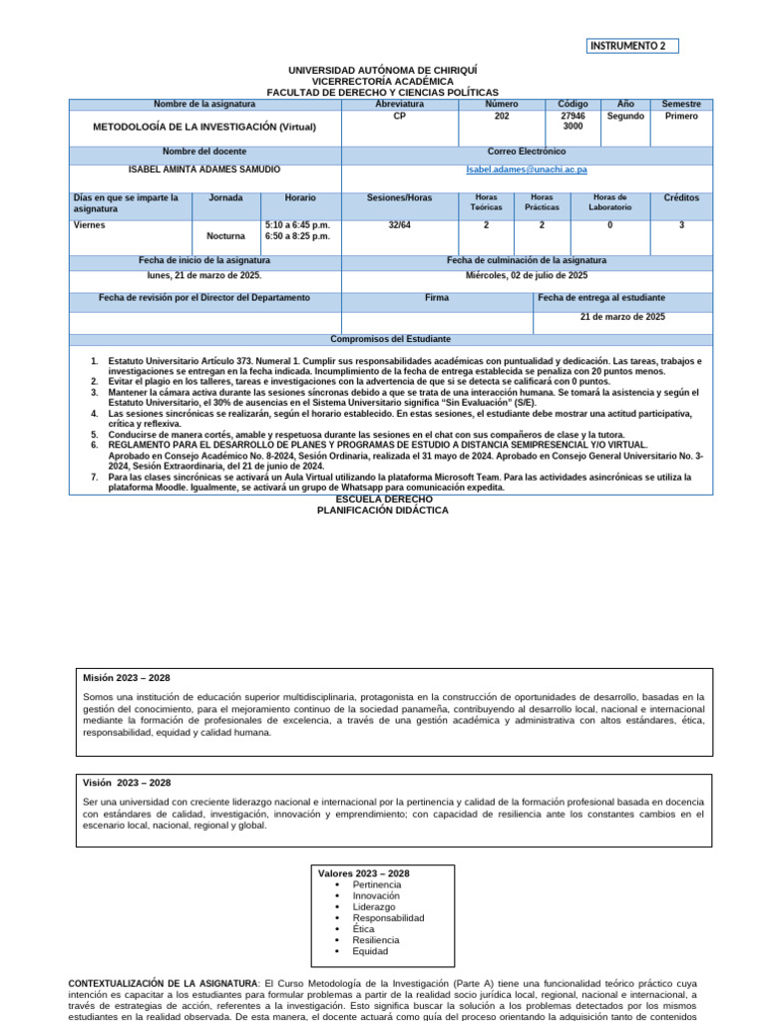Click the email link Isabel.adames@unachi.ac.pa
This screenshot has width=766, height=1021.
point(527,170)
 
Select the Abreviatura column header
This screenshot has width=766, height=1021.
point(399,104)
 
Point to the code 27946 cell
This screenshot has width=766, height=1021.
point(573,117)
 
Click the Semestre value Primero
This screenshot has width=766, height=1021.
point(681,117)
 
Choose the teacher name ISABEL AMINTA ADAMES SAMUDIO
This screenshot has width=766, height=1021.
point(204,170)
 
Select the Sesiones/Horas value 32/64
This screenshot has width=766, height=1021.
point(399,225)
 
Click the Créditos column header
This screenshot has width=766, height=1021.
point(681,198)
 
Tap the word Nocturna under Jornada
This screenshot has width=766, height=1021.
point(225,237)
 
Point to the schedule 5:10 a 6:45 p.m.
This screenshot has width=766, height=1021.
point(297,225)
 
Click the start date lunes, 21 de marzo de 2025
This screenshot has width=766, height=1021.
point(204,274)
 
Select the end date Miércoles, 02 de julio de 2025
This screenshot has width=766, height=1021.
point(527,274)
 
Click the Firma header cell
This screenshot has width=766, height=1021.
point(436,298)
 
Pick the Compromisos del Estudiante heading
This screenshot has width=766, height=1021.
point(391,339)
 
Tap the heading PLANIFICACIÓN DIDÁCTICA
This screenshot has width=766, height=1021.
point(383,510)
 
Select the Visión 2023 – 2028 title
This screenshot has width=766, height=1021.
point(127,783)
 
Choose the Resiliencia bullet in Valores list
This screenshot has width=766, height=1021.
point(376,939)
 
